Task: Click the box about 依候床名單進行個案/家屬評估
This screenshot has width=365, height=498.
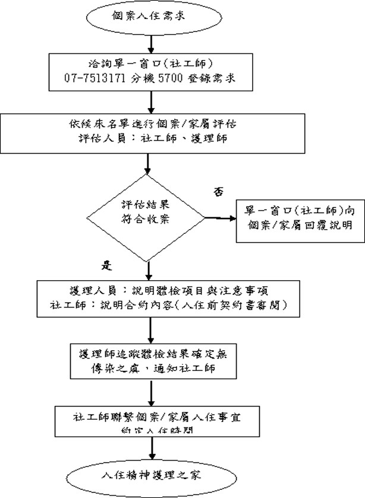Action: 154,132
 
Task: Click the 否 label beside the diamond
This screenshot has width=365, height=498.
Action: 218,192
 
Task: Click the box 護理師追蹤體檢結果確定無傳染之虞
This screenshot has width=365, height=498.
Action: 153,360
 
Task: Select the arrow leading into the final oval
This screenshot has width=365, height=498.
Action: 153,449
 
